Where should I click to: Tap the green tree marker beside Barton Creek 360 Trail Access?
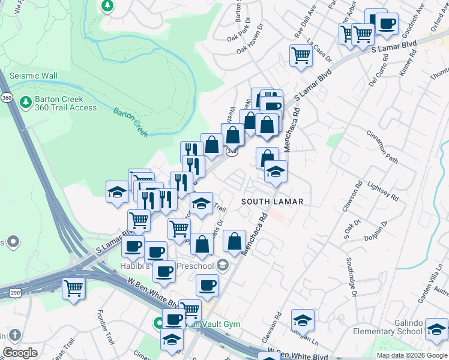[25, 102]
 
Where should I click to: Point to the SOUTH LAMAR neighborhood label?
[273, 201]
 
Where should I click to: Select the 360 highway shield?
[7, 97]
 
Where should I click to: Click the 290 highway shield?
[16, 293]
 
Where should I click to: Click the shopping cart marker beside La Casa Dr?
[301, 56]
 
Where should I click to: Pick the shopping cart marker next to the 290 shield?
[73, 288]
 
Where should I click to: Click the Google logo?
[20, 353]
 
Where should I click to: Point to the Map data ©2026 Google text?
[411, 355]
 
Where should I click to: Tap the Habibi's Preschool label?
[192, 266]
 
